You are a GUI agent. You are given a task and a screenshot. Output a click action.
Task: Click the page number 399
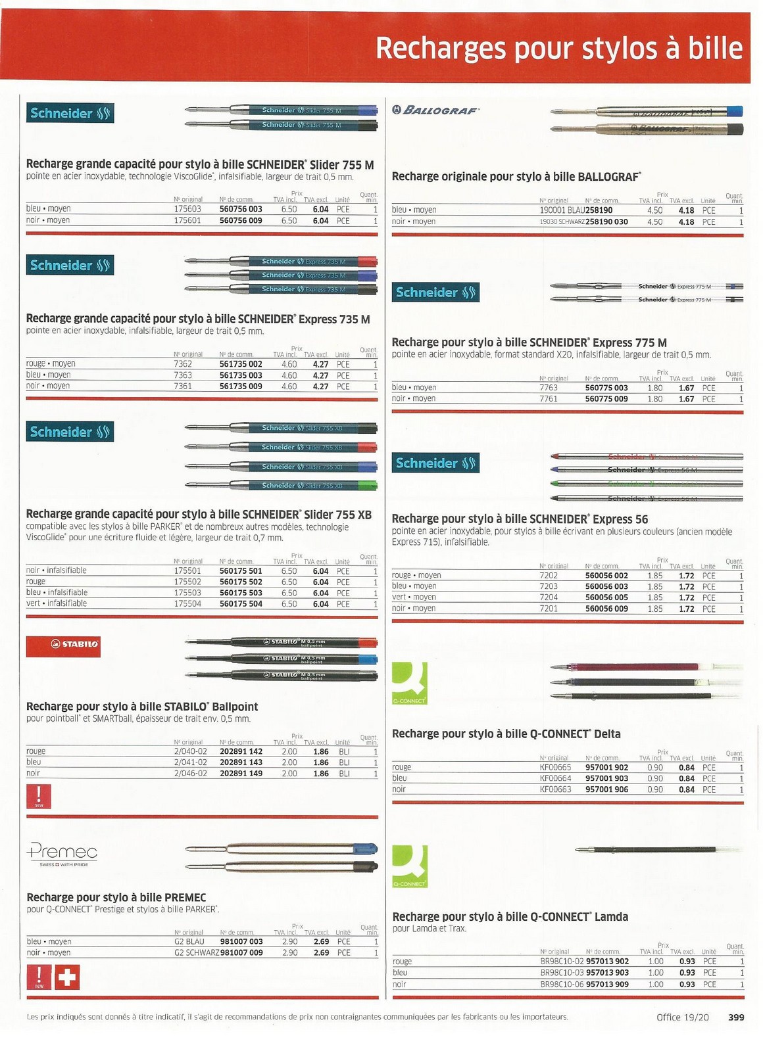(735, 1017)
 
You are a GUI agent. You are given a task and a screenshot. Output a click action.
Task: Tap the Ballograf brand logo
(436, 110)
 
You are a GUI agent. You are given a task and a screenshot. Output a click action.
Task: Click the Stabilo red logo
(63, 644)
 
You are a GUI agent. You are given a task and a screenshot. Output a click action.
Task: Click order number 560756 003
(241, 209)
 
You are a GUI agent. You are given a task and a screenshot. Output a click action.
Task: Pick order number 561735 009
(241, 386)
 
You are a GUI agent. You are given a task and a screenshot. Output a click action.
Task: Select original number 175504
(187, 603)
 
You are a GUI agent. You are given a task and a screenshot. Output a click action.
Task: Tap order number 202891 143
(241, 762)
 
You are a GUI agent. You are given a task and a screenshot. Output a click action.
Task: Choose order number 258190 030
(606, 222)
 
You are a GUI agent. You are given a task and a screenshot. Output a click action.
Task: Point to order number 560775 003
(606, 388)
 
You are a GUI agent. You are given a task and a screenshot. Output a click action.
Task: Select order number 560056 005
(606, 597)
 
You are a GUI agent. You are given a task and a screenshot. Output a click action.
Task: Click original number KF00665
(555, 768)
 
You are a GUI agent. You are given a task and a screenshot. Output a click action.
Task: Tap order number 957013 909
(607, 984)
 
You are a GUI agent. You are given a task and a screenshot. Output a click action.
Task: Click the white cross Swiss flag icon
(66, 978)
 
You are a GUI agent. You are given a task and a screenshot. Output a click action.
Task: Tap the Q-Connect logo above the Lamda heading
(410, 866)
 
